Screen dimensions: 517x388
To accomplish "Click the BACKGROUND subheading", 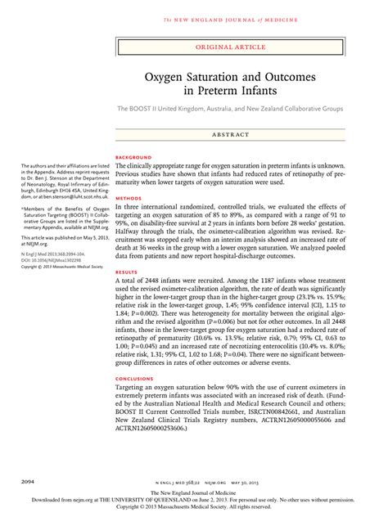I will coord(134,156).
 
